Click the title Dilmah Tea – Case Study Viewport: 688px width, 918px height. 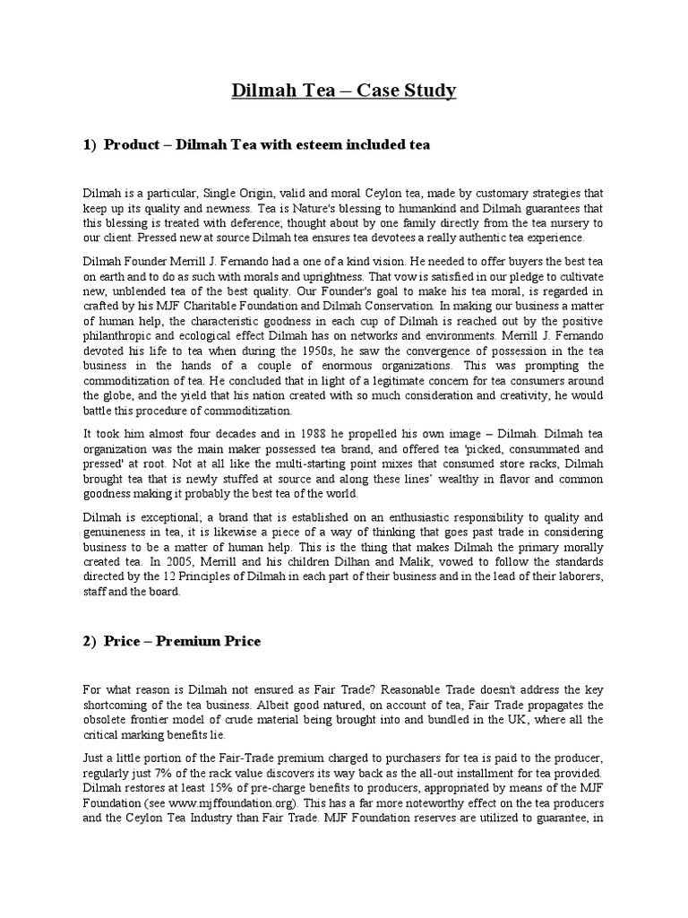click(344, 91)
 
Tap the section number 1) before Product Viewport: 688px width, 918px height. click(90, 145)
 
